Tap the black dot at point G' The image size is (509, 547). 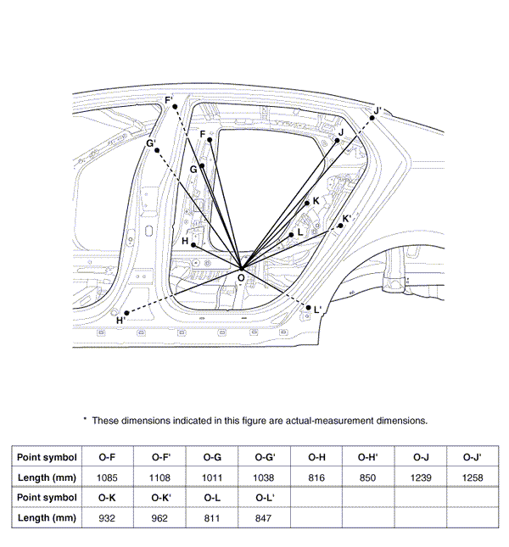157,150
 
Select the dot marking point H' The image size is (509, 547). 126,313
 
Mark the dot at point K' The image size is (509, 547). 340,226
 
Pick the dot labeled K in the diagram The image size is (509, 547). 306,203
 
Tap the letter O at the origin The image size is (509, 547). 241,277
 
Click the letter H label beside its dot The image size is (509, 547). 185,241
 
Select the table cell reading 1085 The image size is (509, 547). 107,477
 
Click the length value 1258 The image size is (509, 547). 473,477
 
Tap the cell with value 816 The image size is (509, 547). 317,477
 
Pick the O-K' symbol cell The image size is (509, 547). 159,497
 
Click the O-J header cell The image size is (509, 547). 421,457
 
